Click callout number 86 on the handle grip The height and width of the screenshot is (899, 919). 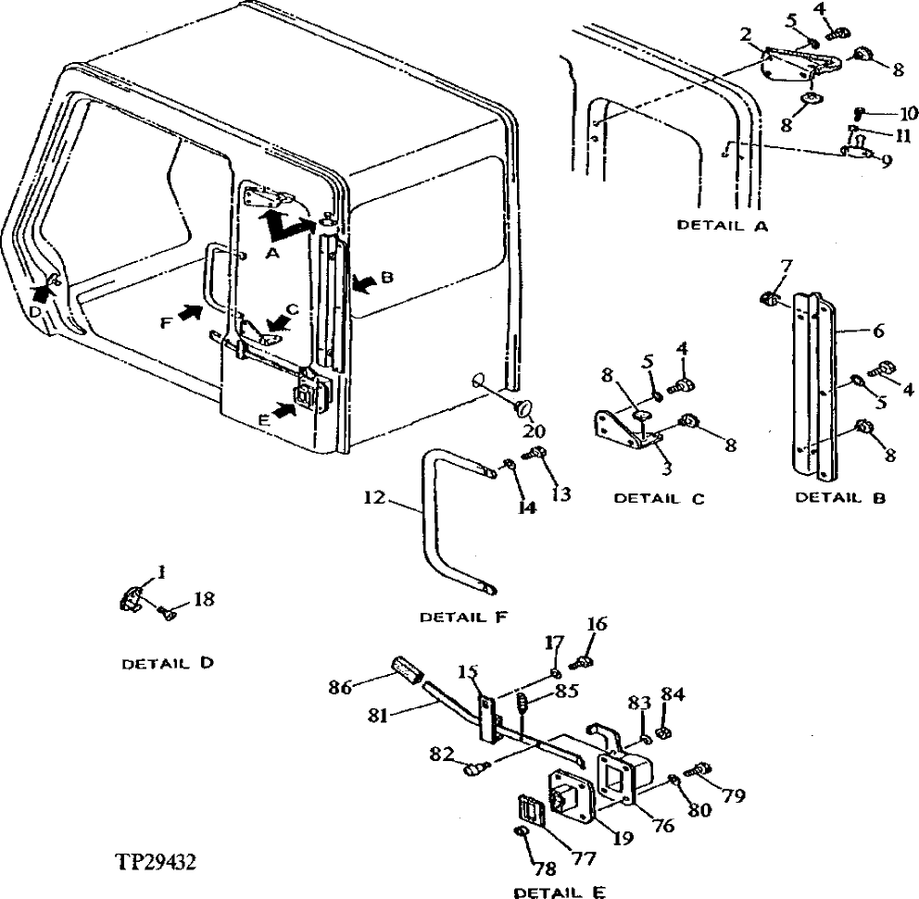[341, 688]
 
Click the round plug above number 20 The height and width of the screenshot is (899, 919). [523, 407]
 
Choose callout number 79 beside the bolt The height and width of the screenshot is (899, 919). [733, 794]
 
